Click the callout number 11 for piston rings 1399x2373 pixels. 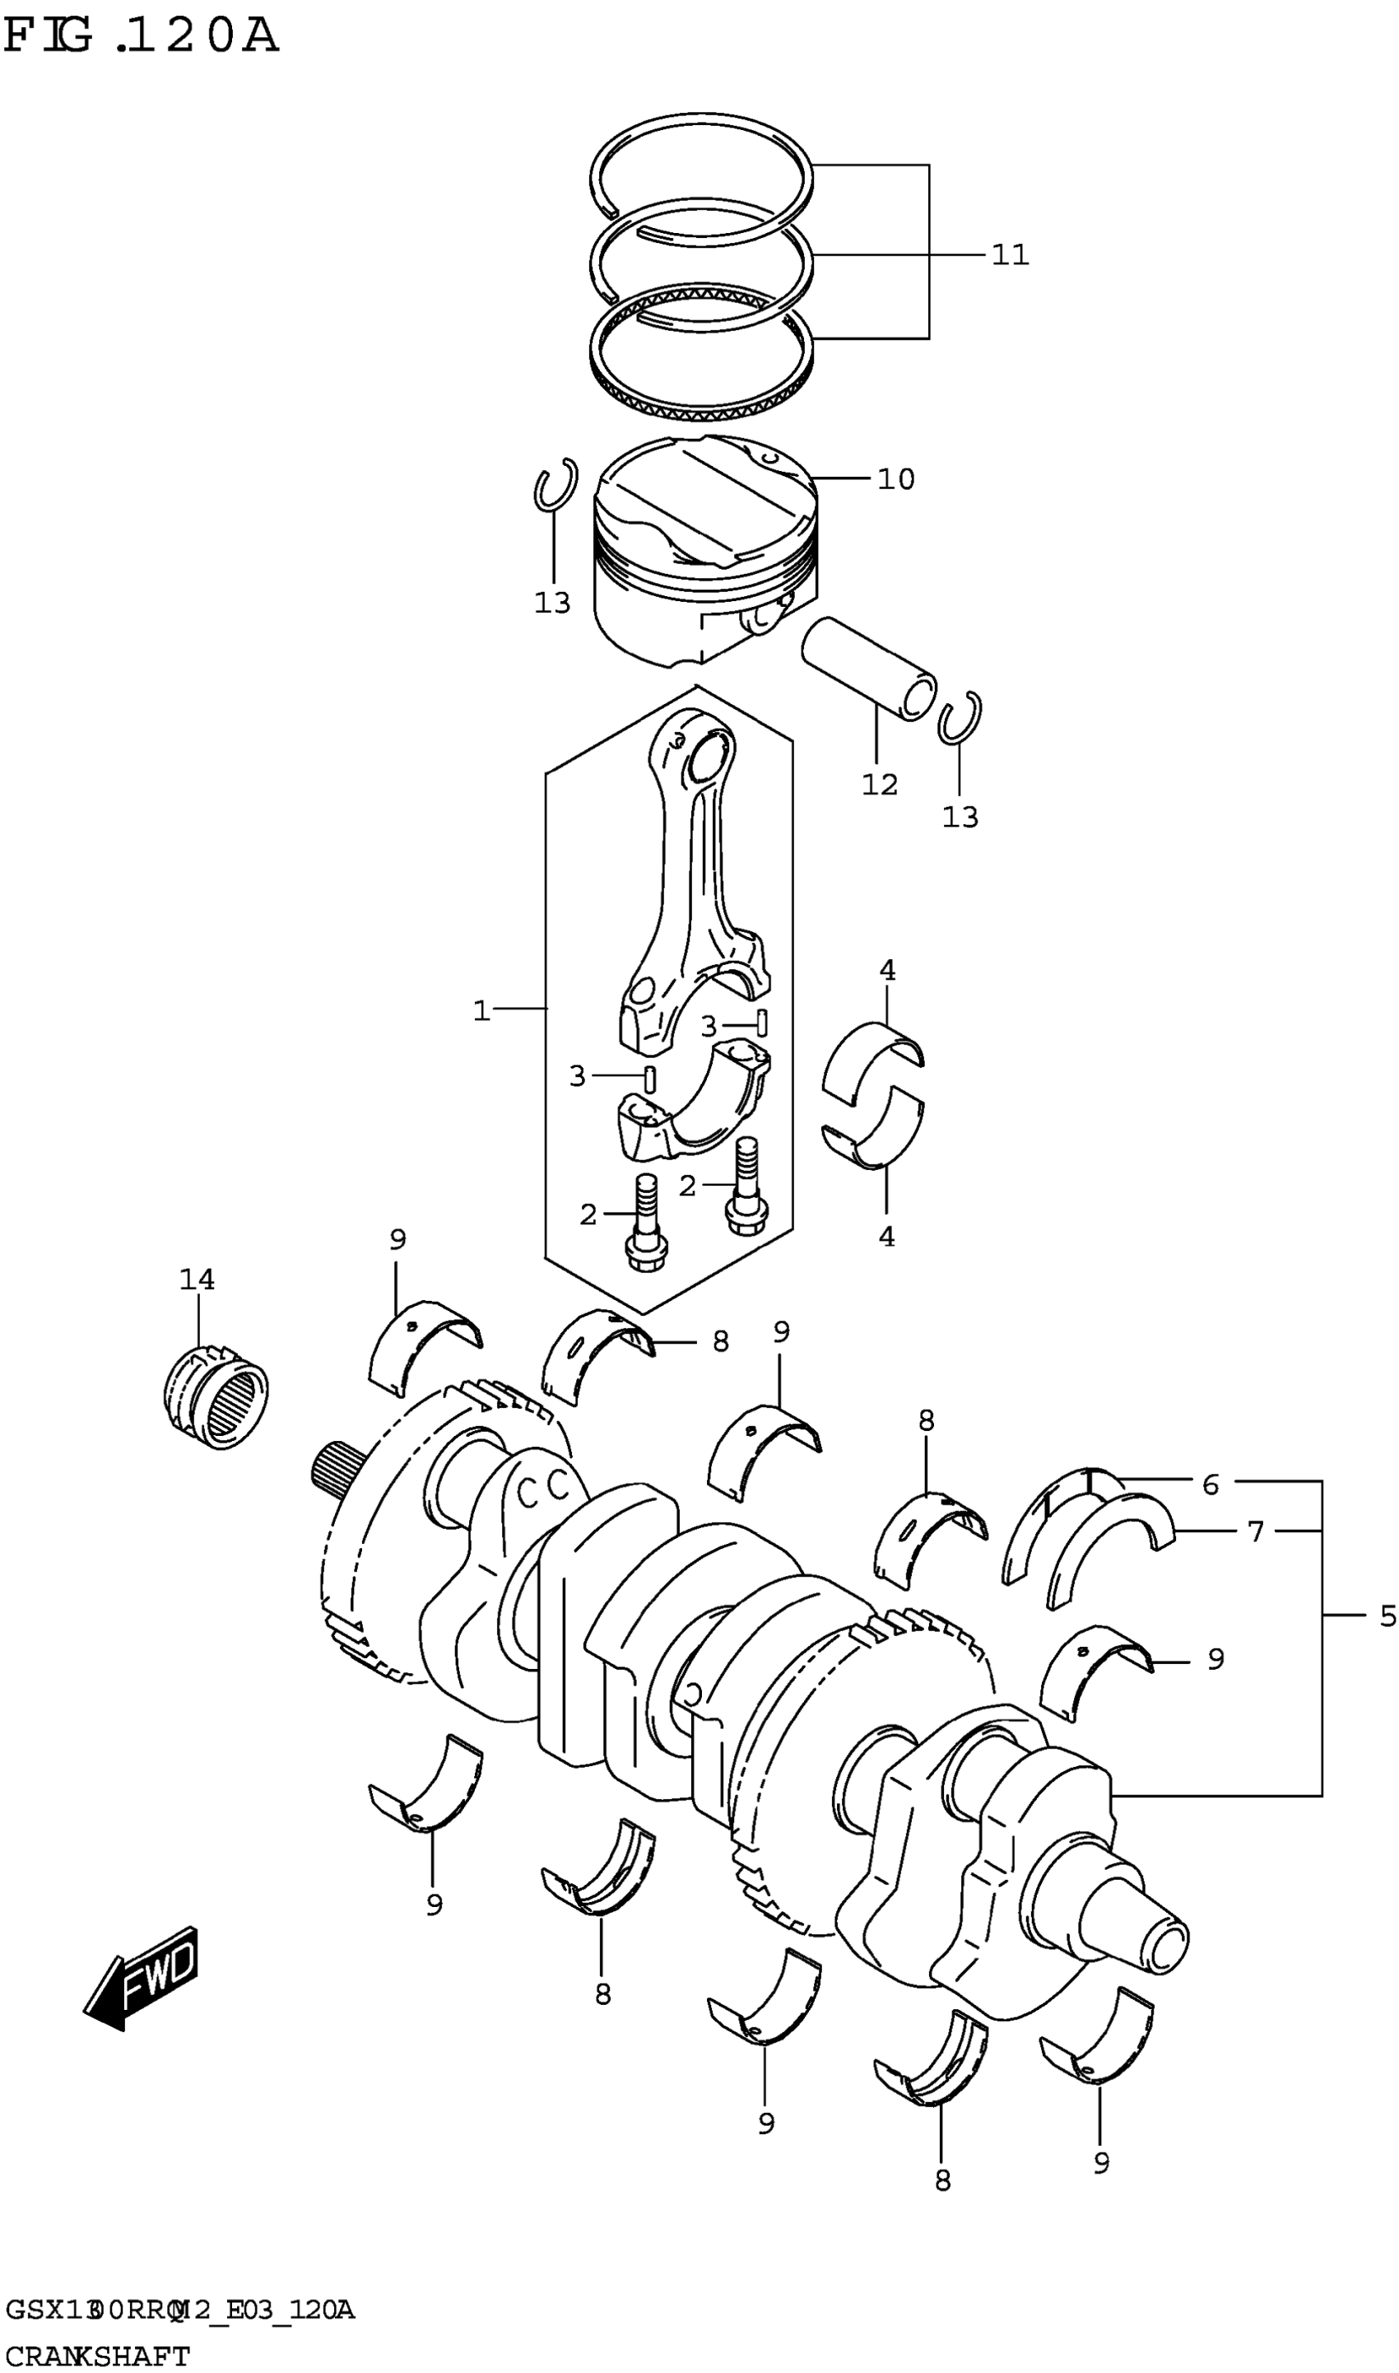(x=1010, y=255)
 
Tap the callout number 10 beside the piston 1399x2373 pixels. (x=895, y=480)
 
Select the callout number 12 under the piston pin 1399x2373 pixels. (x=880, y=785)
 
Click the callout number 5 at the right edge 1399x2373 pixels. (x=1387, y=1616)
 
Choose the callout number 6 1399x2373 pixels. (x=1211, y=1485)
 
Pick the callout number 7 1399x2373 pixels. (x=1255, y=1531)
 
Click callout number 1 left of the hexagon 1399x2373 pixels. (x=481, y=1012)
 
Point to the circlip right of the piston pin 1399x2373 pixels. (x=960, y=719)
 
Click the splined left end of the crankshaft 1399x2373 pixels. (x=329, y=1476)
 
